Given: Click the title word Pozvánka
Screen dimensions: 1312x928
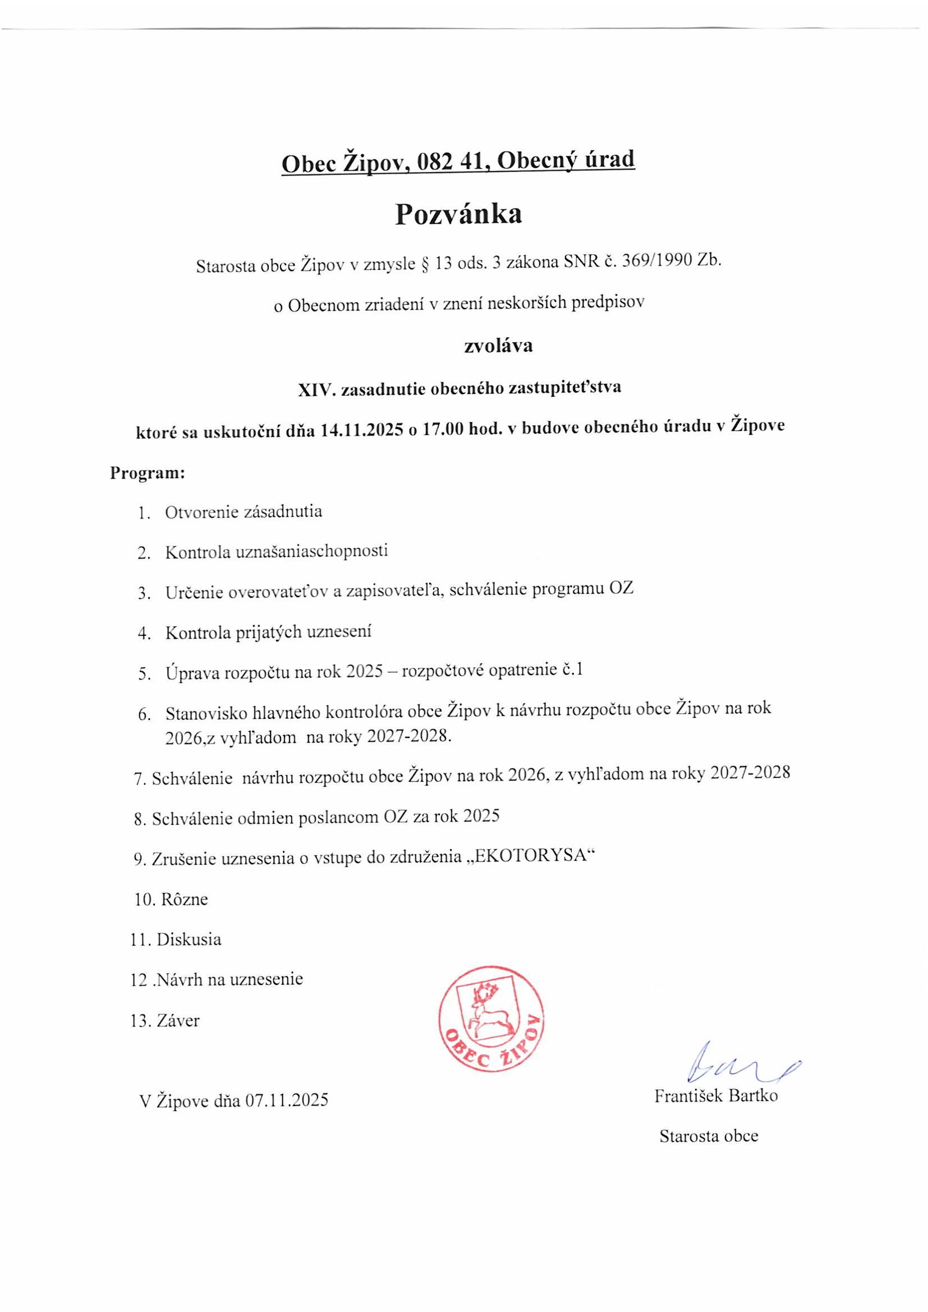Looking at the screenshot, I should (x=458, y=215).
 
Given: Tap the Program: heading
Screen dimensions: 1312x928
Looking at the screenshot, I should (x=148, y=474).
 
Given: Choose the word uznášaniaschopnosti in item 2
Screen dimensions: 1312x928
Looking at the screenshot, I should (x=312, y=551).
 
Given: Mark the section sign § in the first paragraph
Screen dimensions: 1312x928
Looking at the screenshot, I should (x=424, y=264).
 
